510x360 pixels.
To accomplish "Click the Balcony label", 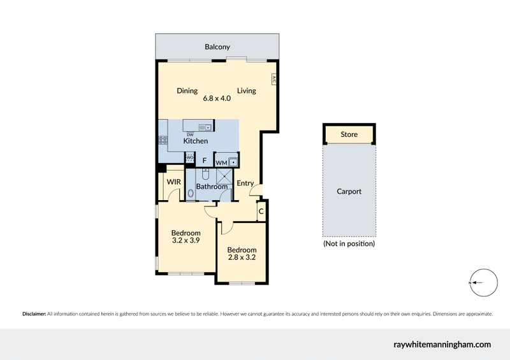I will click(x=217, y=47).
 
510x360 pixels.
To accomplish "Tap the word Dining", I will click(x=187, y=90).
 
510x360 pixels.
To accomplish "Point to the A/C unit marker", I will click(x=273, y=80).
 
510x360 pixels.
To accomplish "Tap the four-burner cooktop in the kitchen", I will click(x=163, y=142).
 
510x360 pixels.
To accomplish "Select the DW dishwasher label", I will click(x=190, y=134).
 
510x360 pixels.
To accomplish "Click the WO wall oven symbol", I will click(x=189, y=157).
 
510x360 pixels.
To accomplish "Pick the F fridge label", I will click(x=204, y=161).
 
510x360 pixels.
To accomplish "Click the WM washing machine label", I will click(x=221, y=163).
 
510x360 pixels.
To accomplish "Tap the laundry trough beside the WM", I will click(x=233, y=161).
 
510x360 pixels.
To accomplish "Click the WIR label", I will click(x=173, y=182).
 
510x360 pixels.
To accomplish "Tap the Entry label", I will click(x=245, y=184).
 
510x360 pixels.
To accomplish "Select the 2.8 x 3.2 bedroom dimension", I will click(x=242, y=258).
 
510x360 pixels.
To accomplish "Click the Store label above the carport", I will click(x=349, y=134).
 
